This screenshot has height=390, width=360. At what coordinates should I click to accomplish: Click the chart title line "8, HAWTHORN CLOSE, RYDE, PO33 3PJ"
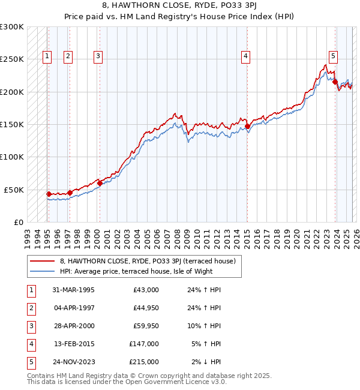coord(179,6)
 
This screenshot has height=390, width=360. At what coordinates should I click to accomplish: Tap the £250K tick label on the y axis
coord(12,59)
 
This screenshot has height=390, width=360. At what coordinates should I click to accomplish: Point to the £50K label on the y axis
coord(14,190)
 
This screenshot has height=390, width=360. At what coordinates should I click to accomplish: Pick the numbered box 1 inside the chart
coord(47,56)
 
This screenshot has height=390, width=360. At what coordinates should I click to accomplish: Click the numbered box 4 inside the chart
coord(246,56)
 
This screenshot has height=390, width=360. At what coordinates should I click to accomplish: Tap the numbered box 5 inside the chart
coord(333,56)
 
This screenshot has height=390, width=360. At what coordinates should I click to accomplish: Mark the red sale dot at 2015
coord(247,127)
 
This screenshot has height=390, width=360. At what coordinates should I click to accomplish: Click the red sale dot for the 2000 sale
coord(100,184)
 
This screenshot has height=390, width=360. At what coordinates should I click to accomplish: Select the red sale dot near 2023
coord(335,82)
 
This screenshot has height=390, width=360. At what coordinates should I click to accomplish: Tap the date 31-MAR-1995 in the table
coord(73,290)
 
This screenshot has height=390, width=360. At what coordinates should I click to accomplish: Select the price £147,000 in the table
coord(143,344)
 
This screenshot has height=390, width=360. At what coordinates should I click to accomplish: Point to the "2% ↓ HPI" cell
coord(206,362)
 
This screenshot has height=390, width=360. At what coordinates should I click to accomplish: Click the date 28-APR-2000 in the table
coord(73,326)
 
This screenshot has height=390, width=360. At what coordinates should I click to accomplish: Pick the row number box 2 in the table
coord(31,308)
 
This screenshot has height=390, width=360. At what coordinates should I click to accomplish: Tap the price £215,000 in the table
coord(143,362)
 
